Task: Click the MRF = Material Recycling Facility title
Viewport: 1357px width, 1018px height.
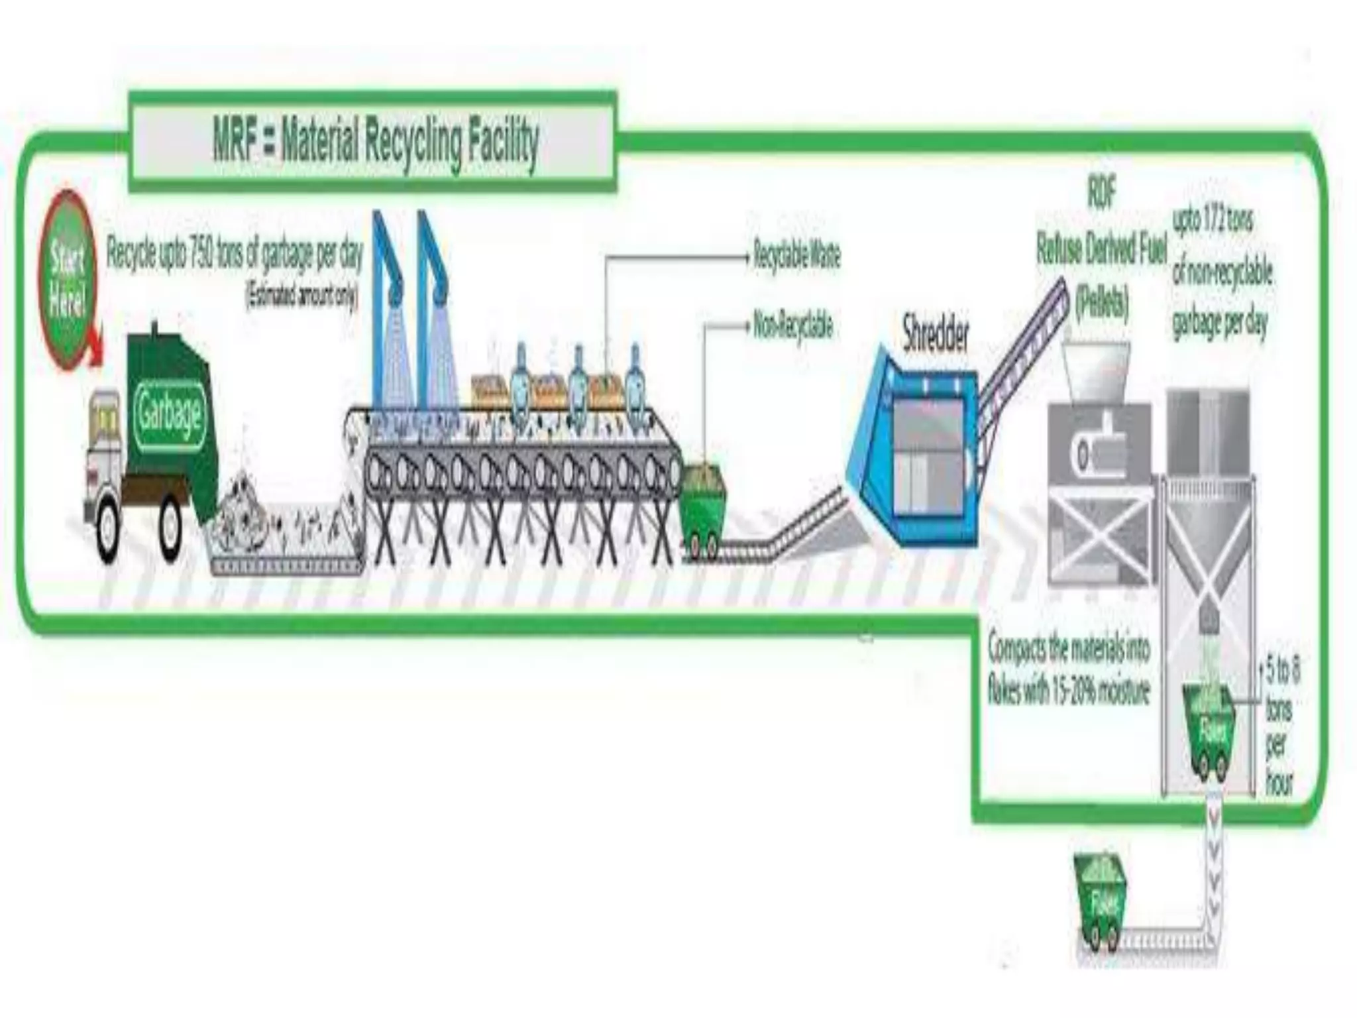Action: click(375, 143)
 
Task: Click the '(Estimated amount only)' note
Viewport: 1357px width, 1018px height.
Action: click(301, 295)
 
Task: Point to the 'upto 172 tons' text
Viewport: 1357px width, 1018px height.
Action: click(1213, 222)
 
